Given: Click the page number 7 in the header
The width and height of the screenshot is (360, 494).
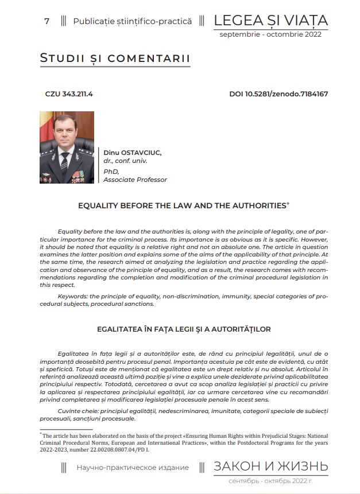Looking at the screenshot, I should click(x=47, y=22).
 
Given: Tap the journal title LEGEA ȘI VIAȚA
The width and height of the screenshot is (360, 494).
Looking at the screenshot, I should click(x=270, y=21).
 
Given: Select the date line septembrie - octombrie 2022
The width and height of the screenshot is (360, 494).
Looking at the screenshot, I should click(x=270, y=34).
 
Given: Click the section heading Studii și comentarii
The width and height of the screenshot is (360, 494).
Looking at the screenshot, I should click(x=115, y=59).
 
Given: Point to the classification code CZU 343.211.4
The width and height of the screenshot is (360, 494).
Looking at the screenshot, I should click(x=68, y=94).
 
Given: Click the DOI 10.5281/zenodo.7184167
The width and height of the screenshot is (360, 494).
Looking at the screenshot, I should click(x=278, y=94).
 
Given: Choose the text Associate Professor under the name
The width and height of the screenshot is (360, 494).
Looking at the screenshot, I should click(x=136, y=180).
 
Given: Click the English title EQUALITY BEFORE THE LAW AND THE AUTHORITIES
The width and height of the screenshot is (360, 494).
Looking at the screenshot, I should click(x=181, y=205).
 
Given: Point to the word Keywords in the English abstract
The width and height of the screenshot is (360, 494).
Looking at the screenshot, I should click(x=74, y=296).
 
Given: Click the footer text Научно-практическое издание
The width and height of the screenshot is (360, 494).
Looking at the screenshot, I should click(x=133, y=468).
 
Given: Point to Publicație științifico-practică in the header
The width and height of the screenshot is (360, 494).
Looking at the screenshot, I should click(x=132, y=22).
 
